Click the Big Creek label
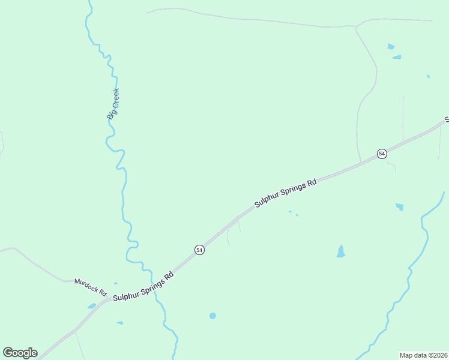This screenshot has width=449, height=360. pyautogui.click(x=113, y=103)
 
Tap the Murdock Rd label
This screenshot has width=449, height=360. pyautogui.click(x=90, y=287)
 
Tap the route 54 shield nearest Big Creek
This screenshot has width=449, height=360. pyautogui.click(x=199, y=250)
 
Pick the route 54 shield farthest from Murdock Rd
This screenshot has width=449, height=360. pyautogui.click(x=382, y=154)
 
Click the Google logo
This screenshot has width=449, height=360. pyautogui.click(x=20, y=353)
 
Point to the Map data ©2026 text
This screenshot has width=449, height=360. pyautogui.click(x=423, y=355)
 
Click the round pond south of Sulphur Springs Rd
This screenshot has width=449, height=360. pyautogui.click(x=212, y=316)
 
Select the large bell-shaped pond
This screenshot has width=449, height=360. pyautogui.click(x=341, y=252)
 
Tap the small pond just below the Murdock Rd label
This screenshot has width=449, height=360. pyautogui.click(x=92, y=306)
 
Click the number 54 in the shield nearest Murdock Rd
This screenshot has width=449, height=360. pyautogui.click(x=199, y=250)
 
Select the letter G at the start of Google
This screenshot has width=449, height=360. pyautogui.click(x=8, y=353)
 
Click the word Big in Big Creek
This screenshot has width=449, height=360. pyautogui.click(x=111, y=113)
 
